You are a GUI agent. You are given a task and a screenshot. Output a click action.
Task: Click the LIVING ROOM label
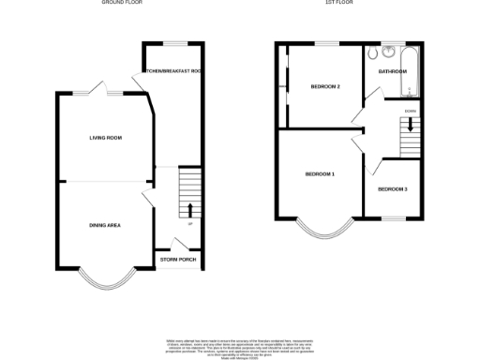(105, 138)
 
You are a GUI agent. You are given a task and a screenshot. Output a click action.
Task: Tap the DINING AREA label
(105, 225)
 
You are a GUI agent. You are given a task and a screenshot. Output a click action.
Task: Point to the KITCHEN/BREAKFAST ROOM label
(172, 72)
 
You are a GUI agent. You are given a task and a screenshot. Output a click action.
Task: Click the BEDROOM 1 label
(320, 174)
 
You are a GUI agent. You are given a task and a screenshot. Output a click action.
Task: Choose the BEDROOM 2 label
(324, 87)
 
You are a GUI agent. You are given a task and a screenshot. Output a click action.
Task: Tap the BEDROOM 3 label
(393, 189)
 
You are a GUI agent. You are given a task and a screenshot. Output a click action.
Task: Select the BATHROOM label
(391, 71)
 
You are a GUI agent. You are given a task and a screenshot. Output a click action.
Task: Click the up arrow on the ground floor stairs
(190, 209)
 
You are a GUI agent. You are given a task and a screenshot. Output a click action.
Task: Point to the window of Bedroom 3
(394, 217)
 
